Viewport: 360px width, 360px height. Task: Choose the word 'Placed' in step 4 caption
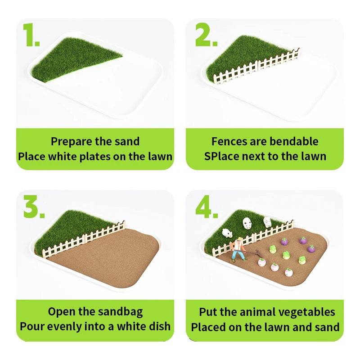coord(207,327)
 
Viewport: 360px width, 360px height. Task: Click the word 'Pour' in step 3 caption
coord(31,326)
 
